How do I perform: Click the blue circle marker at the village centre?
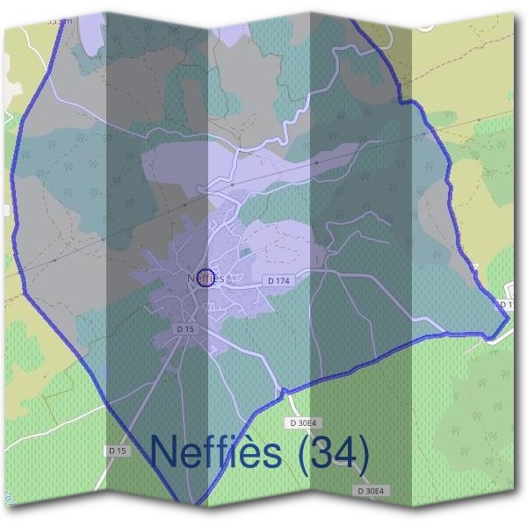coord(205,278)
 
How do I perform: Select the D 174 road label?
coord(277,280)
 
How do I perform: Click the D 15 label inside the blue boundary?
coord(184,328)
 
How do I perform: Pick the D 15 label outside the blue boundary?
coord(119,451)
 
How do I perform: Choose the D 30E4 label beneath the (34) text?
coord(372,490)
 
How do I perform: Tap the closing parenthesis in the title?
coord(363,453)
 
